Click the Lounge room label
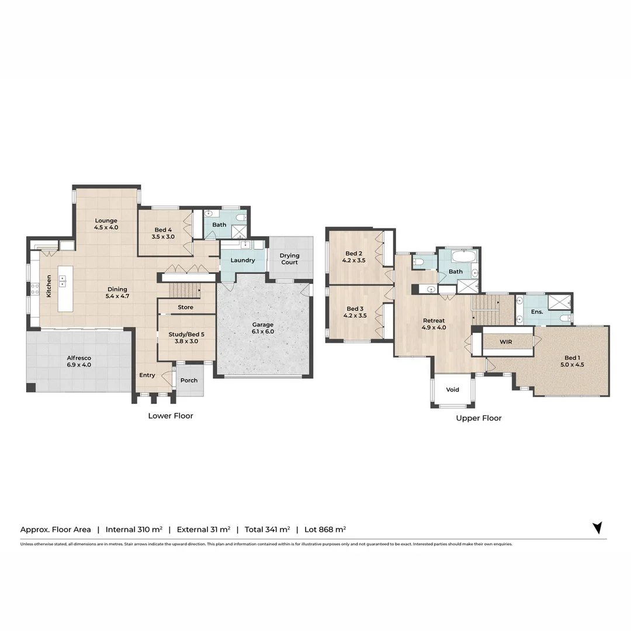[106, 224]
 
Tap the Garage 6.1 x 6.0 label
[262, 328]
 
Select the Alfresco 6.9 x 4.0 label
[78, 361]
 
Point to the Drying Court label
[289, 259]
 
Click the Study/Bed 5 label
[186, 338]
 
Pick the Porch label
[189, 380]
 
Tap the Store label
[185, 307]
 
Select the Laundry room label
[242, 260]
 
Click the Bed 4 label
[164, 233]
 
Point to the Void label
[452, 390]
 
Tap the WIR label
[506, 341]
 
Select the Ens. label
[537, 312]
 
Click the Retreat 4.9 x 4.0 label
[434, 324]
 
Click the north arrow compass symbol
[597, 528]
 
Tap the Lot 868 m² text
[325, 529]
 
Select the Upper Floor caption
[479, 418]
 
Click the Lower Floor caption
[171, 416]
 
